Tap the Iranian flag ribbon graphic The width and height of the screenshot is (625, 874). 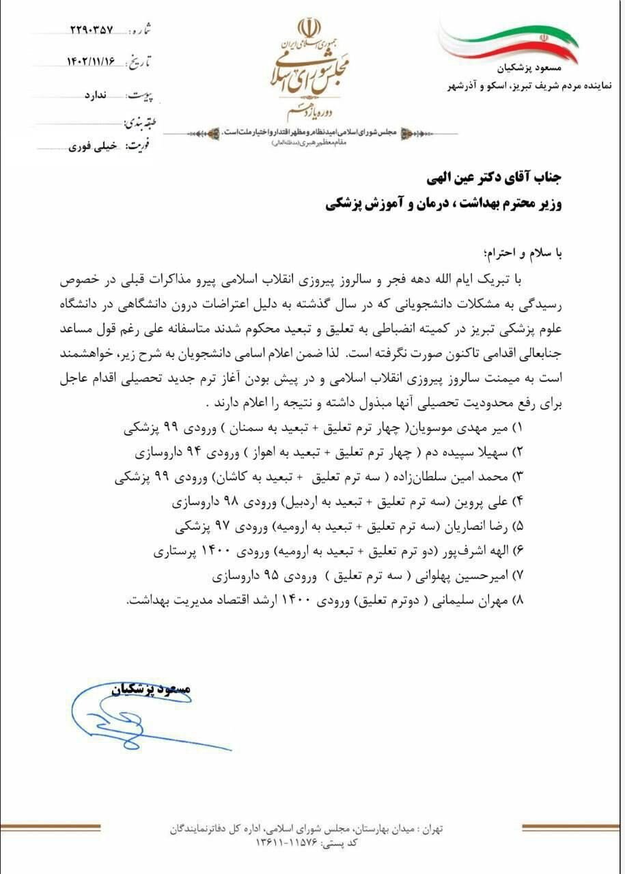(x=509, y=42)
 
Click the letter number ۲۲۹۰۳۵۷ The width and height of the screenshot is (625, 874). (x=92, y=31)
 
